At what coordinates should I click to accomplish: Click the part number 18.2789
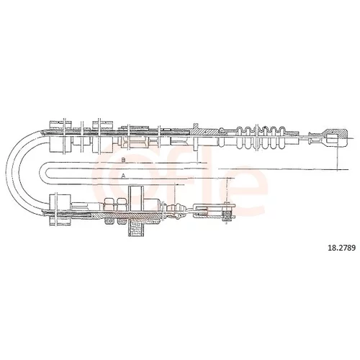coord(341,248)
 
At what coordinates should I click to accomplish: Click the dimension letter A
coord(123,176)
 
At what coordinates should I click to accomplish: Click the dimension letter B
coord(123,160)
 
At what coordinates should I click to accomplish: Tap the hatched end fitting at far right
coord(336,138)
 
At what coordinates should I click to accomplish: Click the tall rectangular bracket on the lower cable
coord(135,198)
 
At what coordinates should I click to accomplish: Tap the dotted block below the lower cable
coord(136,228)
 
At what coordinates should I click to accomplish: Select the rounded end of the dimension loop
coord(42,173)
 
